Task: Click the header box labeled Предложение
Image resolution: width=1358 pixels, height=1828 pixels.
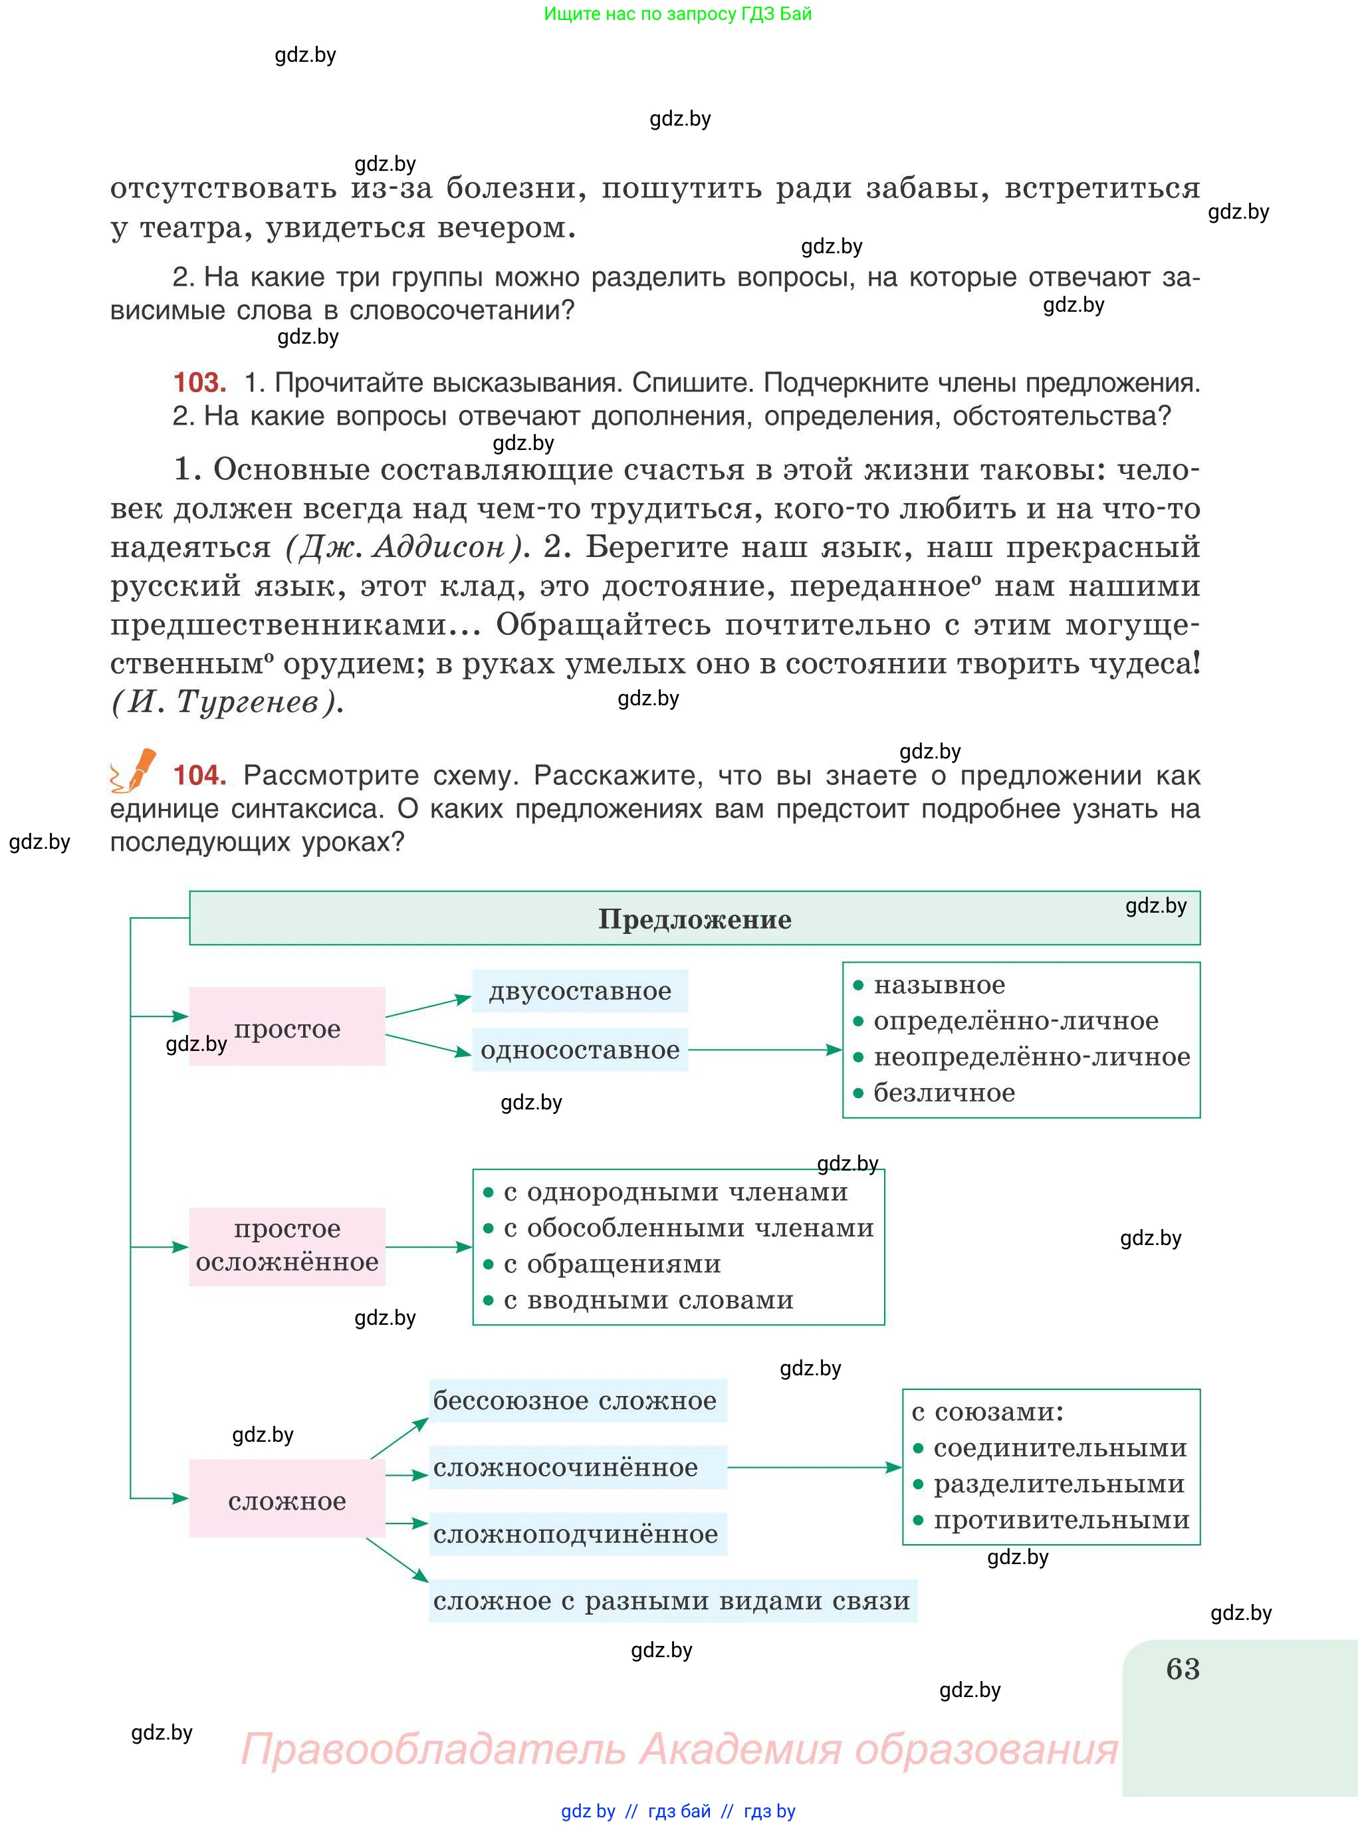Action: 695,918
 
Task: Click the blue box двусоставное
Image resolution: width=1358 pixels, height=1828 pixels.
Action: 580,990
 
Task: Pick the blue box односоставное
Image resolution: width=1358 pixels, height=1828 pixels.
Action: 580,1050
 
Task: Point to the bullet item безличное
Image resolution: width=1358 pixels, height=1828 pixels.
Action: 944,1092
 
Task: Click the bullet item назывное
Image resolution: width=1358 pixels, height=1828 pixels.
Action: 939,984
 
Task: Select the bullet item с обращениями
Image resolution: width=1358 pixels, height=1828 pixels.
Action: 612,1264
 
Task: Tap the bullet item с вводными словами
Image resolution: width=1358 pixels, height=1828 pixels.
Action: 648,1300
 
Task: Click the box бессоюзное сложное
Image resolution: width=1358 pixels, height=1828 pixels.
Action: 576,1400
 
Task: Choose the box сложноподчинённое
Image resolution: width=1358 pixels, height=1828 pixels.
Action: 576,1533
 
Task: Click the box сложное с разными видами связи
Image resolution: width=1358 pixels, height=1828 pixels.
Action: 671,1599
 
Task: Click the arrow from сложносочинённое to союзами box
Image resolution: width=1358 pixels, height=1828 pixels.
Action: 814,1467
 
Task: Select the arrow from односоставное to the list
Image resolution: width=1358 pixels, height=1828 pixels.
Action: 764,1050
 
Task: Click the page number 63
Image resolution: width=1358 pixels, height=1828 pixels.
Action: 1182,1669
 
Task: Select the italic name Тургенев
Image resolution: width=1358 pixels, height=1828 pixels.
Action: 247,701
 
